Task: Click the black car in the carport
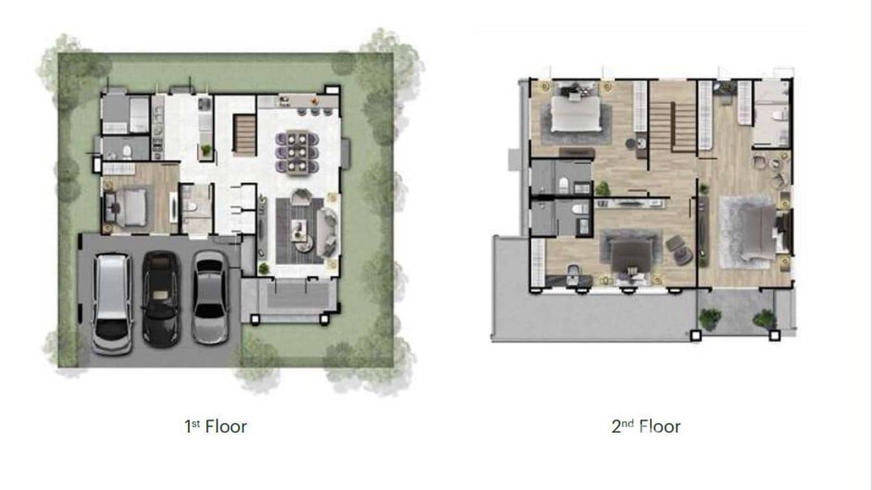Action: point(160,298)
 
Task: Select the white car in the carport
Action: point(112,302)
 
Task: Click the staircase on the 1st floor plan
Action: point(244,135)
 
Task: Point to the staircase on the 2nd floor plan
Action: point(673,126)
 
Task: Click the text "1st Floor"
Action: point(215,426)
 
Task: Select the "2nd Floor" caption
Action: point(645,426)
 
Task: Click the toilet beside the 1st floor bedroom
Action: point(191,206)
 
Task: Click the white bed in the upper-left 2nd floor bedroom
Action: point(575,114)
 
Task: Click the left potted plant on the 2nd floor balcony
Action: point(710,318)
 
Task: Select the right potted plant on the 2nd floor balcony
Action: point(764,318)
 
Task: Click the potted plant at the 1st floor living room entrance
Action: point(263,268)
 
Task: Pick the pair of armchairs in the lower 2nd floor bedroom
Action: point(679,250)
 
